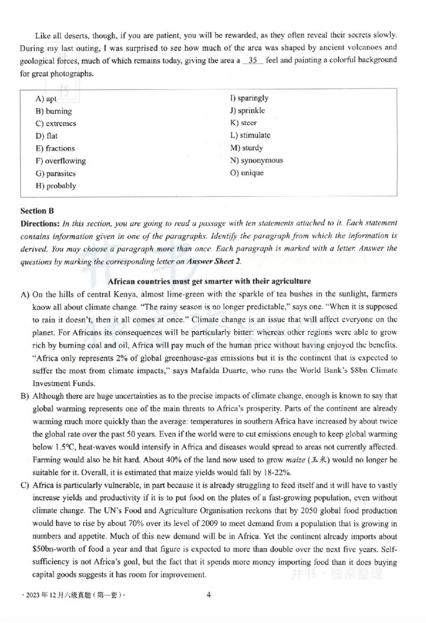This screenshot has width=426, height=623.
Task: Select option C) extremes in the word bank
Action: (56, 124)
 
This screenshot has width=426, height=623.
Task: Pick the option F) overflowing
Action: (61, 161)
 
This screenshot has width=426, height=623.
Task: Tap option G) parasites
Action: (55, 173)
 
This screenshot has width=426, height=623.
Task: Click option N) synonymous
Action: (256, 160)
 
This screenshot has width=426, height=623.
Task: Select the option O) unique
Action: (247, 173)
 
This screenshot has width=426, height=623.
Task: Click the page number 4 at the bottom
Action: (209, 595)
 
